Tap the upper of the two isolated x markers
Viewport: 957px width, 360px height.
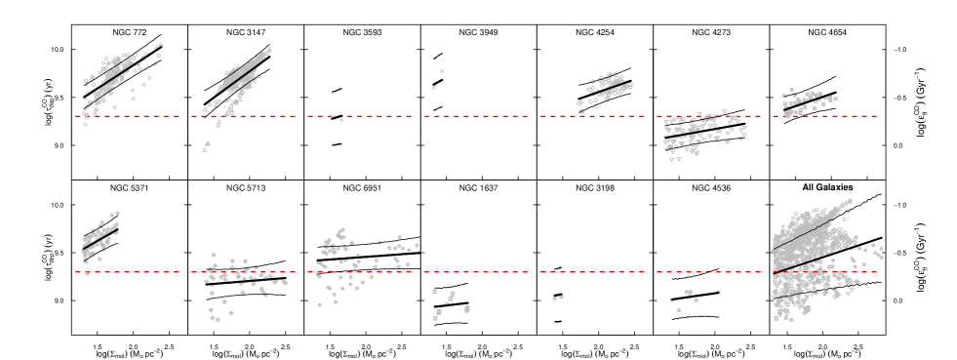coord(442,71)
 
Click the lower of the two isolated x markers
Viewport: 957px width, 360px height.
coord(434,87)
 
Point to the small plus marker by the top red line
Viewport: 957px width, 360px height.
coord(341,120)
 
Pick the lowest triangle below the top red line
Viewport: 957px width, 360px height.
coord(206,147)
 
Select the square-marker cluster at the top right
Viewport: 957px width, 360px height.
coord(807,100)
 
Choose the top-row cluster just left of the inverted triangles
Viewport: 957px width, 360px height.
coord(605,89)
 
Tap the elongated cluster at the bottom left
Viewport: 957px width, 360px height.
coord(100,237)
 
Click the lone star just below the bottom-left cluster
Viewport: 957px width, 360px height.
coord(87,273)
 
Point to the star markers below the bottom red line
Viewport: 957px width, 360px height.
coord(447,302)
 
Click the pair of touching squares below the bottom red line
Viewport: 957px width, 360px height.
coord(557,298)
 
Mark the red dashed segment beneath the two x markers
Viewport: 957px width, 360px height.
coord(476,116)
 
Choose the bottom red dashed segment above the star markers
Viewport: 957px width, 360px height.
coord(476,271)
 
